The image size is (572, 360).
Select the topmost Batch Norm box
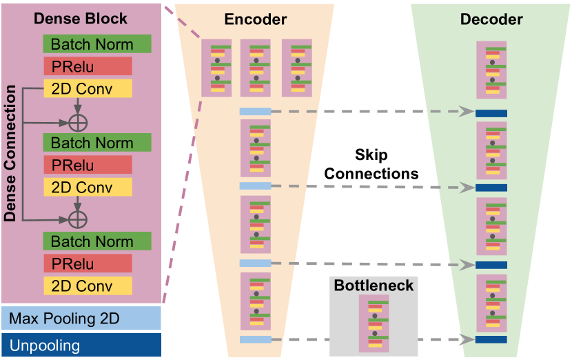pos(97,44)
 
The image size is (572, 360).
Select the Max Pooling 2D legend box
pos(81,319)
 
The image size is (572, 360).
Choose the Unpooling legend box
pos(81,346)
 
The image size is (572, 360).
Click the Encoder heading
pos(255,19)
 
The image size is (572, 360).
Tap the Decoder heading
pos(491,19)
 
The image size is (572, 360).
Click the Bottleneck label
pos(374,285)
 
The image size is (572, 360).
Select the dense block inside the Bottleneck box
pos(374,324)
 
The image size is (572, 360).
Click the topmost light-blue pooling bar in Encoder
pos(255,111)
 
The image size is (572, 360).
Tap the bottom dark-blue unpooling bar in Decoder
pos(491,339)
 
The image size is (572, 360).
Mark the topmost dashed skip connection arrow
pos(372,111)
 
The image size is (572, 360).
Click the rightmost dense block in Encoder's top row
pos(297,68)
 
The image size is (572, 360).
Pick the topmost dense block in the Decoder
pos(491,70)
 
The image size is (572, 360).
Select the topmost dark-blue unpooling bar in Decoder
pos(491,112)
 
